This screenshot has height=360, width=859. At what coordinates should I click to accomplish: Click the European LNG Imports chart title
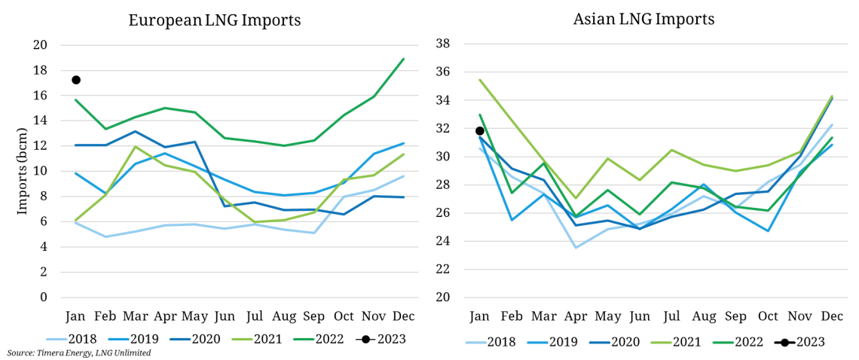214,20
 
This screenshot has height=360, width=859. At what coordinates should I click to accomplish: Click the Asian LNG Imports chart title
643,18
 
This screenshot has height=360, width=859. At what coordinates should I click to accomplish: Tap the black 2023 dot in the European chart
76,80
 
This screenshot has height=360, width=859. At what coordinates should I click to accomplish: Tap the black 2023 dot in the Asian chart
480,131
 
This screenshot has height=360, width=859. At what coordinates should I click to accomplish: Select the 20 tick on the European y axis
41,45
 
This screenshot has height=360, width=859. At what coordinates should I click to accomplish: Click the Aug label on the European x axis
283,316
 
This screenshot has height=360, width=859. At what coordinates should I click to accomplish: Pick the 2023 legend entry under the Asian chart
809,341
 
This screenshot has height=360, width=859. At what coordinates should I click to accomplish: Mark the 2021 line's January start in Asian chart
480,80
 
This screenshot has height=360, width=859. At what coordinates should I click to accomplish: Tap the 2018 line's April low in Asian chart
575,248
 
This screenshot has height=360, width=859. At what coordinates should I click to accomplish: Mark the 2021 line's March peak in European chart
135,146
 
